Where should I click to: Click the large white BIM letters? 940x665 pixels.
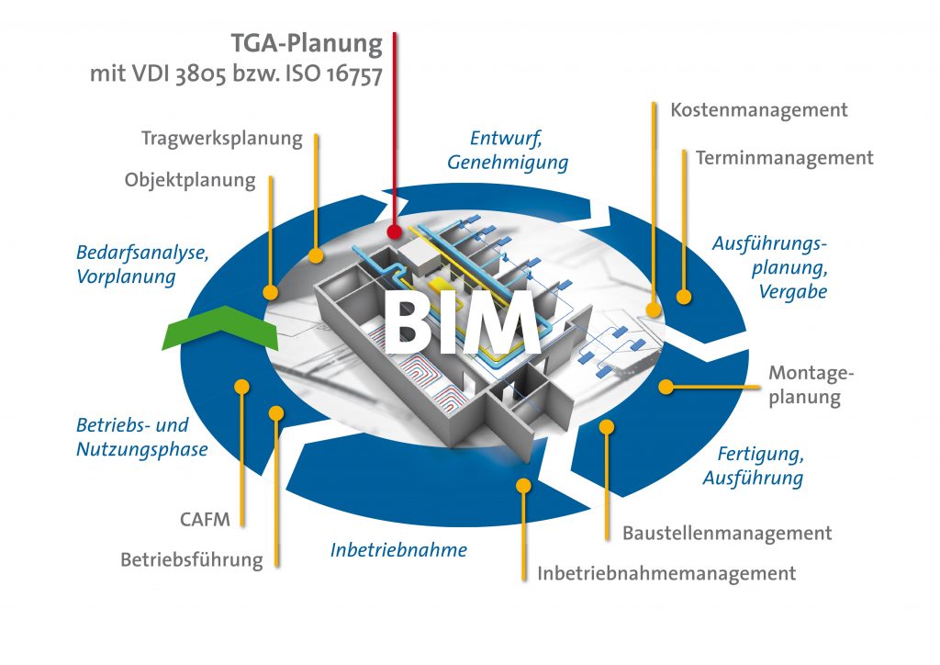[460, 323]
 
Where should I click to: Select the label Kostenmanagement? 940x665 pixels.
[758, 110]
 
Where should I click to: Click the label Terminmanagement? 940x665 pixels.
[784, 158]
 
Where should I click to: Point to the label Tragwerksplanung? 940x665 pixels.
[221, 139]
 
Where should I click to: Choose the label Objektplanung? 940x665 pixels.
[190, 180]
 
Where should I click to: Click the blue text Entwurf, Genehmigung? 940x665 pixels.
[507, 151]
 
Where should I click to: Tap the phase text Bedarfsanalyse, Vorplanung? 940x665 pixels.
[141, 265]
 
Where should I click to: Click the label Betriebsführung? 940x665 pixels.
[191, 559]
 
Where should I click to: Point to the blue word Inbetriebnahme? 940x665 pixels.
[398, 550]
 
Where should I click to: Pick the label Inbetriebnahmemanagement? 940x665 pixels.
[666, 574]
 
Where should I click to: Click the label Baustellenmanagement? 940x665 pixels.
[727, 533]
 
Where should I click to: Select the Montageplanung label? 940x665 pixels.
[804, 385]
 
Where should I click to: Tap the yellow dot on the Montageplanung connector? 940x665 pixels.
[666, 387]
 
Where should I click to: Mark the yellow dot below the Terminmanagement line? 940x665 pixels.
[683, 297]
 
